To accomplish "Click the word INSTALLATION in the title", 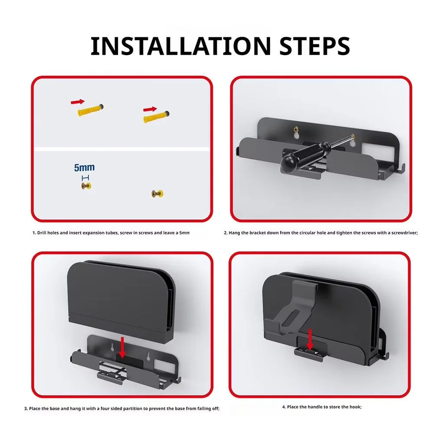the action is (181, 46).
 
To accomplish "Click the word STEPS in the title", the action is (315, 46).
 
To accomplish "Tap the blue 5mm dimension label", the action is (85, 167).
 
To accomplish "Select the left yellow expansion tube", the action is (91, 110).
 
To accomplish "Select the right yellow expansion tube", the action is (156, 117).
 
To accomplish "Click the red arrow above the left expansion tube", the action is (78, 101).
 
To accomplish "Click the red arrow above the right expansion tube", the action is (150, 109).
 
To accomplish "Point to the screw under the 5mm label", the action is (86, 186).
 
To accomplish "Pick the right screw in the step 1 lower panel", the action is (157, 193).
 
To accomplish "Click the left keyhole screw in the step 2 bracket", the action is (296, 129).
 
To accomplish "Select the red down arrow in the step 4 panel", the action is (310, 339).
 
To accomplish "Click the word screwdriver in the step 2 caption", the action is (404, 233).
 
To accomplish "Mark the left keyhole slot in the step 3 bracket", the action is (113, 347).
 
